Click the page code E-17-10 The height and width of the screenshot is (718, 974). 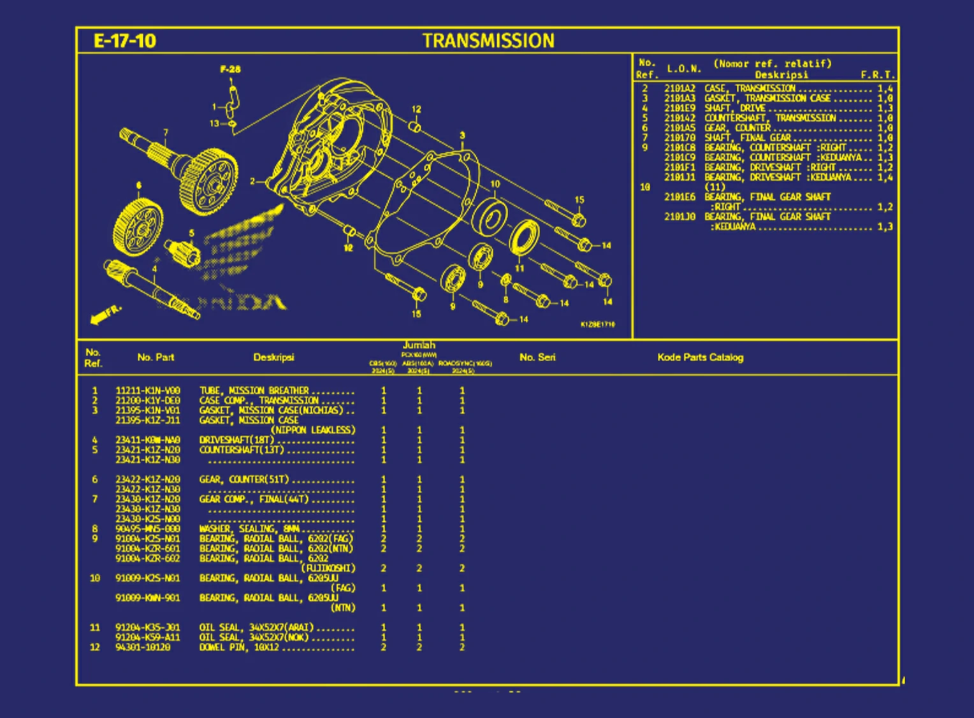124,41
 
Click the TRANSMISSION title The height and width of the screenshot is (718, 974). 488,41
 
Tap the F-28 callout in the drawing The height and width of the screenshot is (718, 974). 230,69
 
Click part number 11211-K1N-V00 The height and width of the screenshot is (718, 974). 148,391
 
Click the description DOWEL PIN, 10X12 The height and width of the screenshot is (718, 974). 239,647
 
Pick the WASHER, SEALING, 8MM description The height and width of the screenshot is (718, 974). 249,529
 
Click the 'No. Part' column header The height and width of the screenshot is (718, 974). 156,357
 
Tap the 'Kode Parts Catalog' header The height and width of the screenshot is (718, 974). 700,357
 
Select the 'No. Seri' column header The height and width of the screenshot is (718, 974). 537,357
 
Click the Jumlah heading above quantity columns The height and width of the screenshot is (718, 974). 419,345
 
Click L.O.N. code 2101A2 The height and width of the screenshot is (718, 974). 680,89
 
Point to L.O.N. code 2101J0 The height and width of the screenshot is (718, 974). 680,217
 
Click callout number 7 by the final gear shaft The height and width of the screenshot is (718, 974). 166,133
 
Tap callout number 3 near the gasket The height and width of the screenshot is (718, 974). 462,136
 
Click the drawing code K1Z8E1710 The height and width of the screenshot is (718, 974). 597,324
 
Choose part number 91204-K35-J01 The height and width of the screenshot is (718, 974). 148,628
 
